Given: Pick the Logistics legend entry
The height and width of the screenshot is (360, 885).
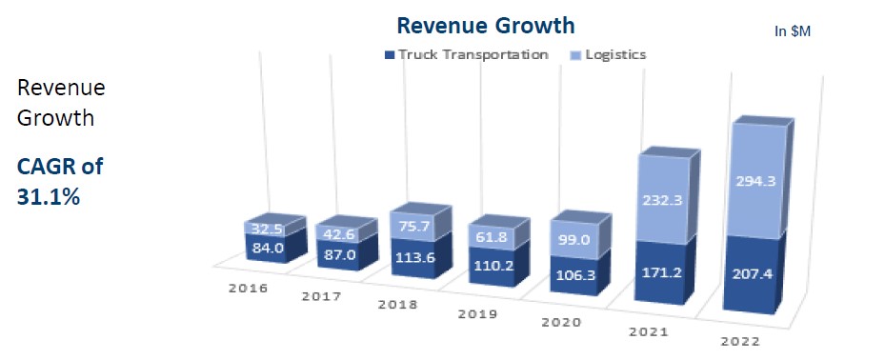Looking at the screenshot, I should point(611,54).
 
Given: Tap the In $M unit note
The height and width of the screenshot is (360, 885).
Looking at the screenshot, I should point(792,31).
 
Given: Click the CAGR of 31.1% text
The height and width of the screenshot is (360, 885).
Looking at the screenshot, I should point(59,179).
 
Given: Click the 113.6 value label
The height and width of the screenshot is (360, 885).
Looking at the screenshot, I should point(412,267).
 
